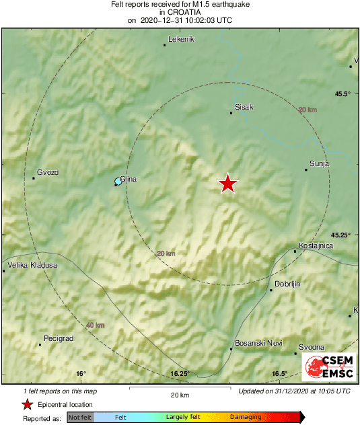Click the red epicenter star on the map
tap(228, 184)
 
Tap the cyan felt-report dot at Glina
tap(118, 182)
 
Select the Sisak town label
tap(244, 106)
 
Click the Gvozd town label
tap(48, 172)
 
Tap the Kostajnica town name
tap(316, 246)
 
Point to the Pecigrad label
tap(58, 338)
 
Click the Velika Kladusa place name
tap(33, 265)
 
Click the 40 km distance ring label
tap(96, 325)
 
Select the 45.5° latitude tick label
tap(343, 93)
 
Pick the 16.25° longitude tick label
tap(180, 374)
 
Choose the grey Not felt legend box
tap(80, 418)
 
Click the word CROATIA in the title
tap(180, 12)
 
